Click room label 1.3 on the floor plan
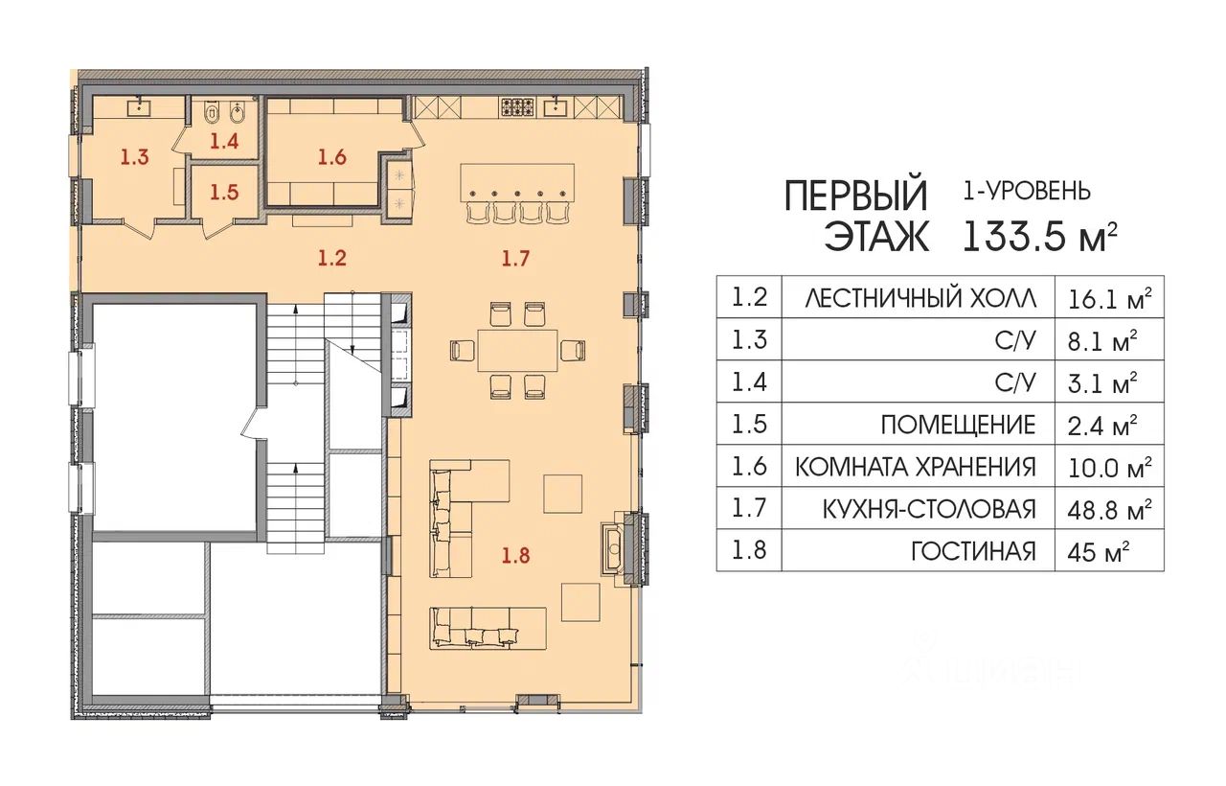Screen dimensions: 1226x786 click(x=135, y=157)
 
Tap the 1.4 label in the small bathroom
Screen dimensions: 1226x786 click(x=224, y=141)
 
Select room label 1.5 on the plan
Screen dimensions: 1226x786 click(x=224, y=193)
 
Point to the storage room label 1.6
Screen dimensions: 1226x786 click(x=332, y=157)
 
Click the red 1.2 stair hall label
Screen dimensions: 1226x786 click(x=332, y=258)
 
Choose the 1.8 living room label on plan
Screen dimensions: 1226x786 click(x=516, y=555)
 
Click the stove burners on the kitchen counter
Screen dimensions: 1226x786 click(x=515, y=106)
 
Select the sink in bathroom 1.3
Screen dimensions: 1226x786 click(x=141, y=106)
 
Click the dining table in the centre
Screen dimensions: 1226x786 click(x=517, y=350)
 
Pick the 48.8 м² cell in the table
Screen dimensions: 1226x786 click(x=1109, y=509)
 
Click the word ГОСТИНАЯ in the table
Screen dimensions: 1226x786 click(x=974, y=551)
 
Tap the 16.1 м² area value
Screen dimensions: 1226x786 click(x=1109, y=299)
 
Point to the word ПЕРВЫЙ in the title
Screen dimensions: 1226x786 click(x=856, y=196)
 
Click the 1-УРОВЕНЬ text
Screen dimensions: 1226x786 click(x=1027, y=191)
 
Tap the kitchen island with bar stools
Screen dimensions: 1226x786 click(x=517, y=193)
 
